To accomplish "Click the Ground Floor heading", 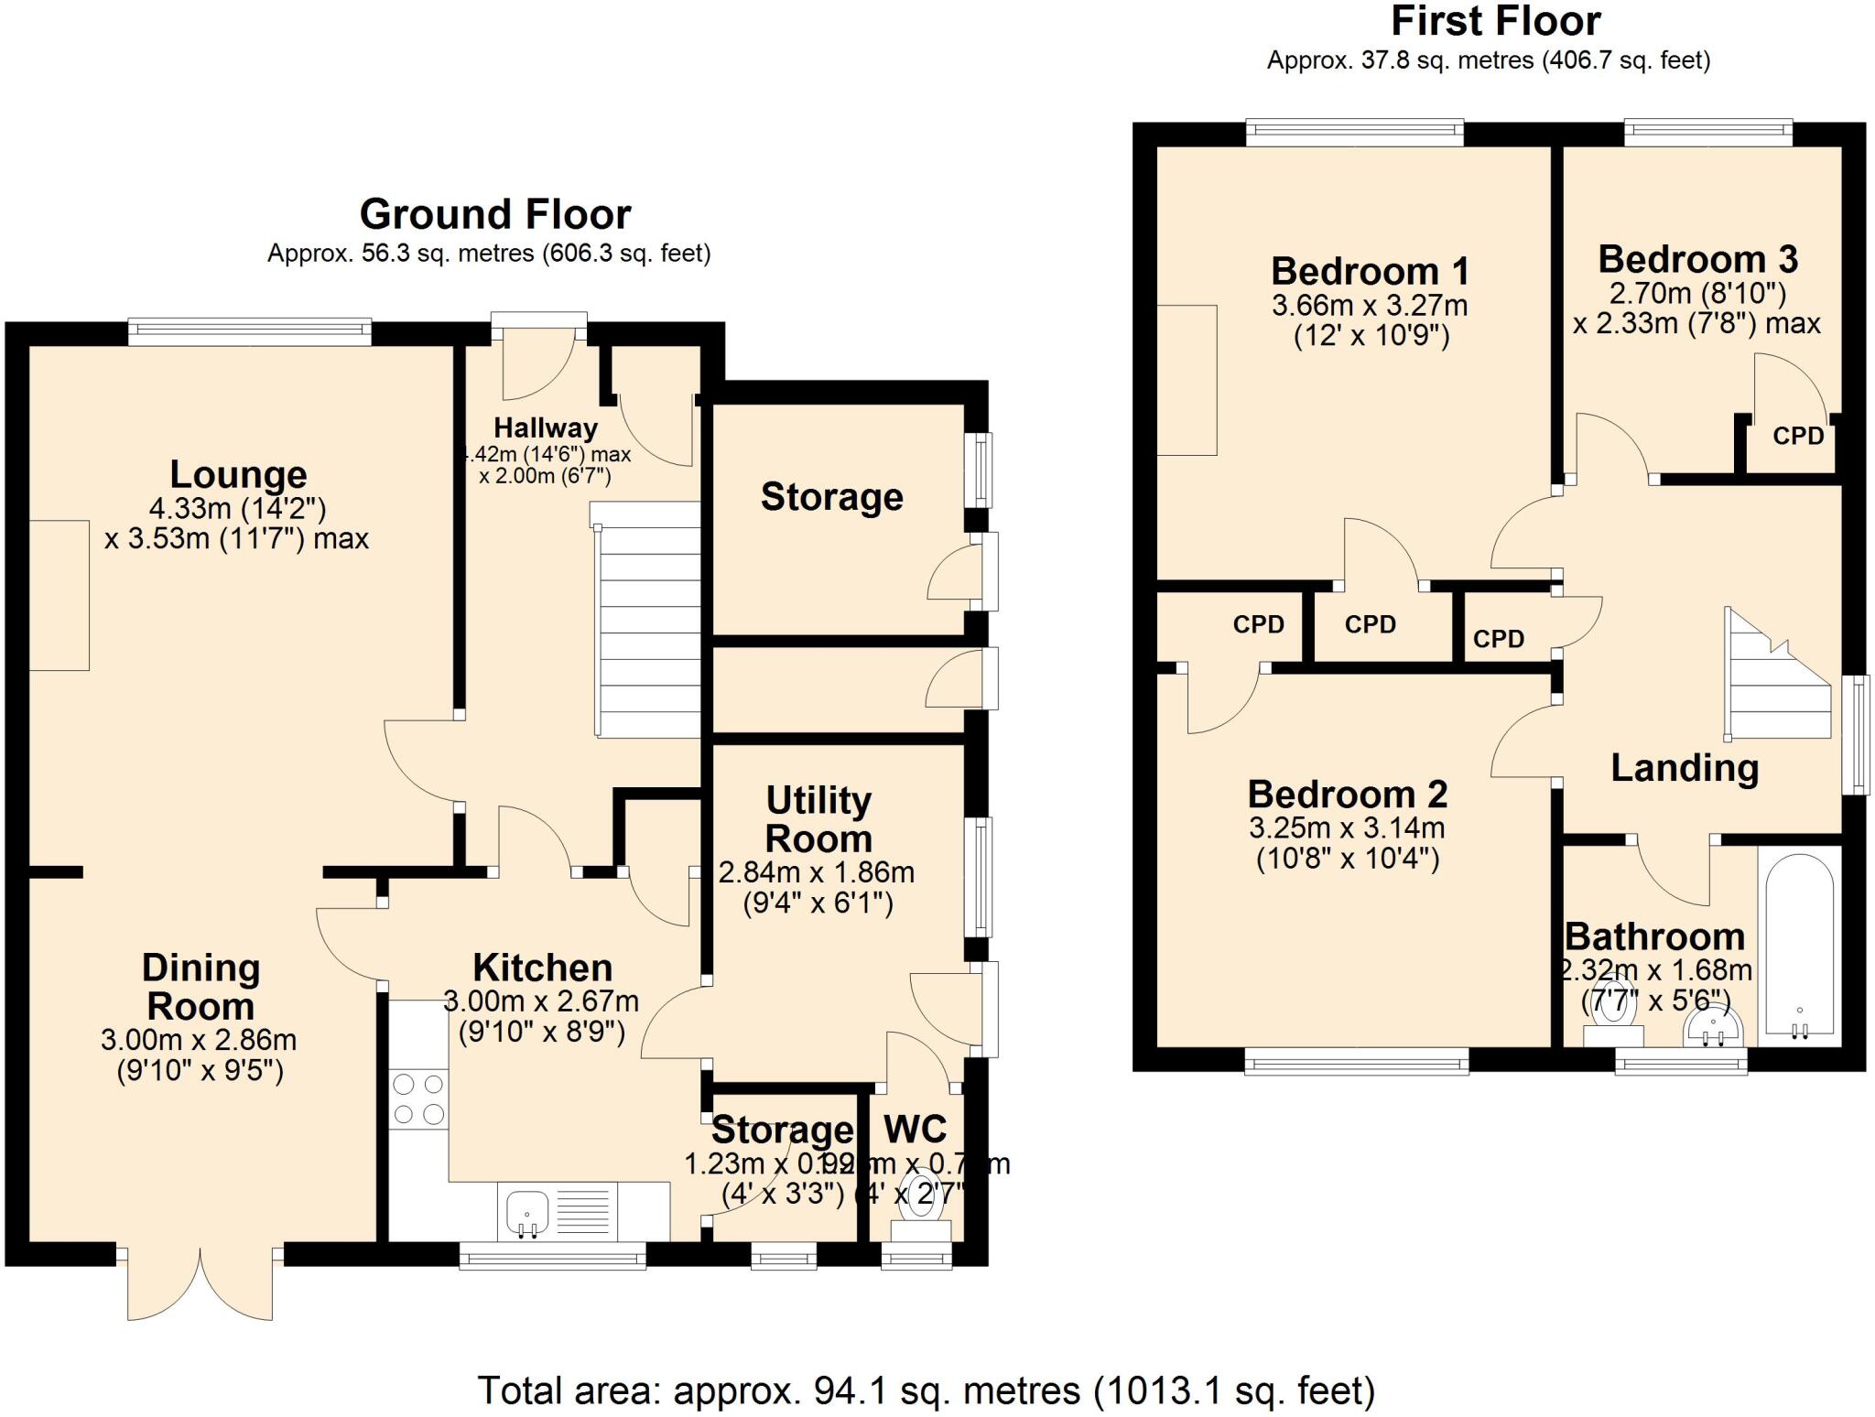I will pyautogui.click(x=494, y=214).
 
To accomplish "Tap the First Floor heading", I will pyautogui.click(x=1496, y=22).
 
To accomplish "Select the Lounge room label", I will pyautogui.click(x=238, y=474).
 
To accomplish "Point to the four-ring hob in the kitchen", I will pyautogui.click(x=418, y=1099).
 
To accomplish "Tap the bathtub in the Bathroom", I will pyautogui.click(x=1799, y=947).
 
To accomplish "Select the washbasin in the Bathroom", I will pyautogui.click(x=1712, y=1030).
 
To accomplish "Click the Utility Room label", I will pyautogui.click(x=818, y=819).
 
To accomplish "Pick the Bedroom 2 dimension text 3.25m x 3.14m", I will pyautogui.click(x=1347, y=828).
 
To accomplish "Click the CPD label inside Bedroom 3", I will pyautogui.click(x=1798, y=437).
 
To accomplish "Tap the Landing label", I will pyautogui.click(x=1685, y=768).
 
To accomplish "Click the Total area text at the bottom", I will pyautogui.click(x=926, y=1390).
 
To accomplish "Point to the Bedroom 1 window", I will pyautogui.click(x=1355, y=134).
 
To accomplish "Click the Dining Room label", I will pyautogui.click(x=201, y=987).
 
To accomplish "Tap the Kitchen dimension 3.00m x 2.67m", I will pyautogui.click(x=541, y=1001).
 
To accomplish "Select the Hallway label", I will pyautogui.click(x=546, y=427).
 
